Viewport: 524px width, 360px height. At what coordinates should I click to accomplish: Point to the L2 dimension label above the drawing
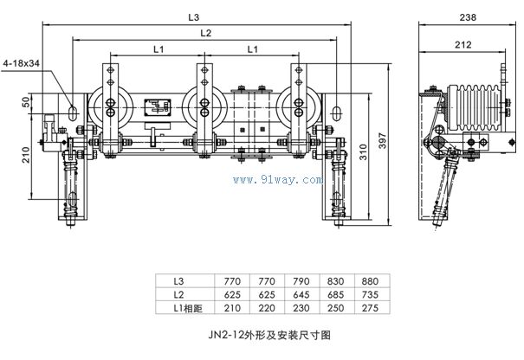pos(204,33)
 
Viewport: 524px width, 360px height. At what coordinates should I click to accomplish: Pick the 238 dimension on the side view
pos(469,16)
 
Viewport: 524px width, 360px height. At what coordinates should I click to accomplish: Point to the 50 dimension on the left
pos(27,102)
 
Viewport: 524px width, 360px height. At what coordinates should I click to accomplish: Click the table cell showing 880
pos(369,282)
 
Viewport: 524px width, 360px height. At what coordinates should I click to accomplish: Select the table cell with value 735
pos(369,294)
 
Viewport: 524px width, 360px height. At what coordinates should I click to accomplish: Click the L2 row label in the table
pos(178,294)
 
